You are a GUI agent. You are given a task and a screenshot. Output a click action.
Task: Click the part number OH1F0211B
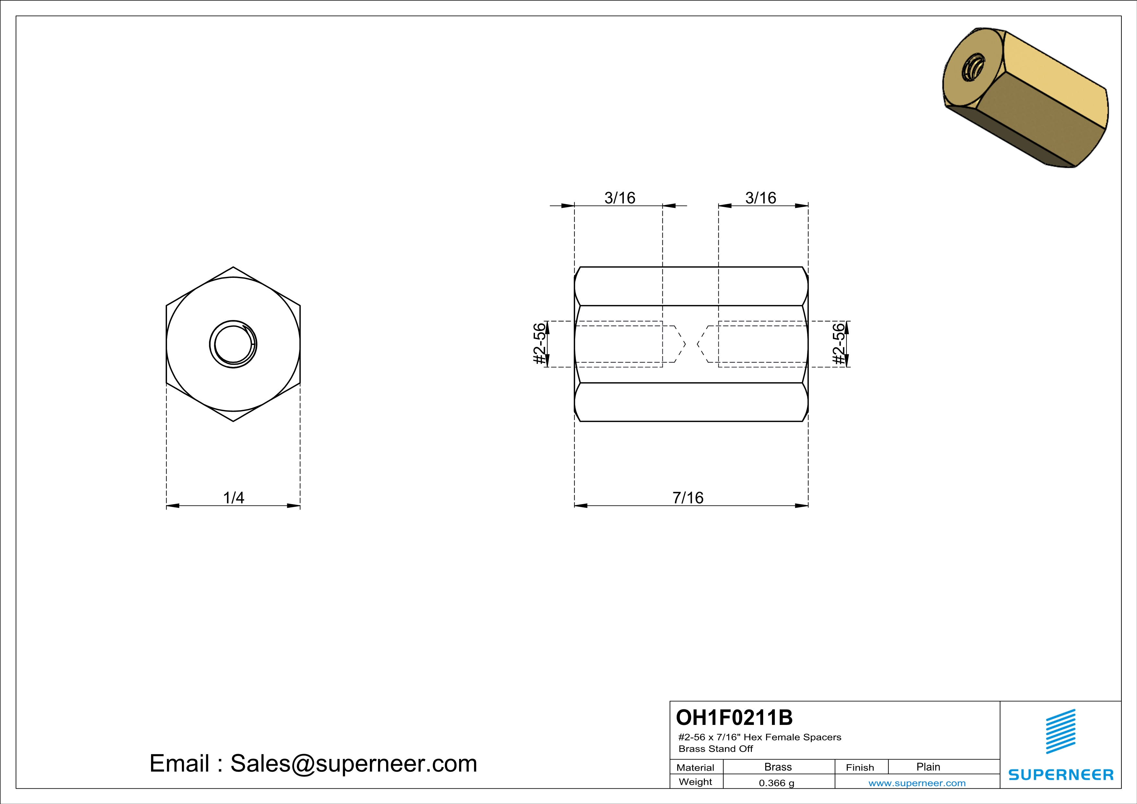point(734,717)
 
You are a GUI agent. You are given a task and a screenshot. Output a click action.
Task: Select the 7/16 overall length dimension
point(688,498)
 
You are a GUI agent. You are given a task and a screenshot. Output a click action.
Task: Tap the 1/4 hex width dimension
point(233,498)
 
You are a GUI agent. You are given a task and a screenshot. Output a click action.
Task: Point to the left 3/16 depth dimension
point(620,198)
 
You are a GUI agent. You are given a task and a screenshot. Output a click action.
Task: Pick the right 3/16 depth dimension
point(761,198)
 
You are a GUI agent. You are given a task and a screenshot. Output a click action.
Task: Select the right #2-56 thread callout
point(838,344)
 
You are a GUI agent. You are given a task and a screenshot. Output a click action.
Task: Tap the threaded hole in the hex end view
point(233,344)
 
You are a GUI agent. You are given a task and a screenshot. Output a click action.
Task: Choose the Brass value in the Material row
point(778,767)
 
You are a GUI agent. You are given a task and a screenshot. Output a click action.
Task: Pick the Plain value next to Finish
point(928,767)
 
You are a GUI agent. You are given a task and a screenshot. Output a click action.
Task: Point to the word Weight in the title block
point(695,782)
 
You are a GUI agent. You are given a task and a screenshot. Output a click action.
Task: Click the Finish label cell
point(860,767)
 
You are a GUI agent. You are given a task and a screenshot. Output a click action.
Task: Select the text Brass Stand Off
point(716,749)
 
